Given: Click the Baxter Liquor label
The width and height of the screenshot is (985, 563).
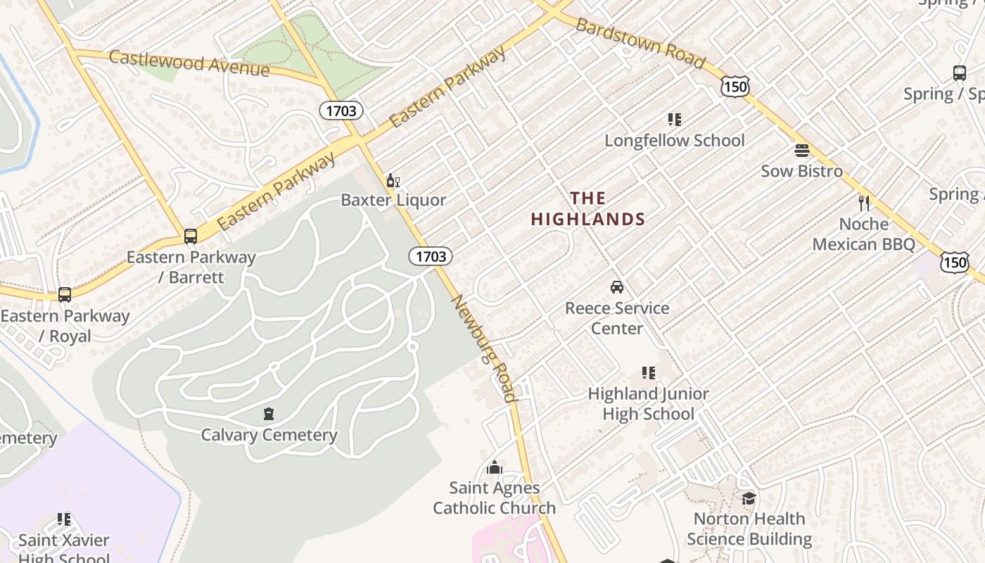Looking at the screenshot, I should (393, 200).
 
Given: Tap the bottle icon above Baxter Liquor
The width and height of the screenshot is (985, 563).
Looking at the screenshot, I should (393, 181).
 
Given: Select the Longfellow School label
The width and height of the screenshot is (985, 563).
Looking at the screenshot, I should (675, 140).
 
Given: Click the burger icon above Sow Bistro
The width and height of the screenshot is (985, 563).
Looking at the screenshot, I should (801, 150).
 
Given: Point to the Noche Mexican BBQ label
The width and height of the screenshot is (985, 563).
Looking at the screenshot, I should (864, 234).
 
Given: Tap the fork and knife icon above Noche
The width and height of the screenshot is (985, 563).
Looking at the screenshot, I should (864, 203).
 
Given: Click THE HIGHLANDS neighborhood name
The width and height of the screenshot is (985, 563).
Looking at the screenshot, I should (588, 209).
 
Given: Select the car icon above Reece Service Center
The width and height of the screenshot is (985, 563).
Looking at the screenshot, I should (617, 287).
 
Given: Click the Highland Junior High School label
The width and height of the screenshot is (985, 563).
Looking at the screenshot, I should (648, 403).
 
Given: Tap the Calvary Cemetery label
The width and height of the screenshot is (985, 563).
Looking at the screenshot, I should (269, 435).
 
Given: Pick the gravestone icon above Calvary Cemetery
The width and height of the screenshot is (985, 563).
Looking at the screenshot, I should (269, 414).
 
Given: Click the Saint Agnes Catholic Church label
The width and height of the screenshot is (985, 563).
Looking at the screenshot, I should (495, 498).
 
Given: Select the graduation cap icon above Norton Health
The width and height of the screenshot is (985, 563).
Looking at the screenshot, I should (749, 498).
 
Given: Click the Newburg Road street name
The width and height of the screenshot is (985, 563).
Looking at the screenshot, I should (484, 348).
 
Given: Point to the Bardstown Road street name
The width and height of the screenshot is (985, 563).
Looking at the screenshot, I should (640, 44).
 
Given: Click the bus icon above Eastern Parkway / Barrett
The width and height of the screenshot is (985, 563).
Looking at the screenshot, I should (191, 236).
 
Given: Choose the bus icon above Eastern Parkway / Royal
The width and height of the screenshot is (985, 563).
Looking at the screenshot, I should (65, 295).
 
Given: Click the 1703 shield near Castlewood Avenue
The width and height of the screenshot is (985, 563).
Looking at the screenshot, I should (342, 110).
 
